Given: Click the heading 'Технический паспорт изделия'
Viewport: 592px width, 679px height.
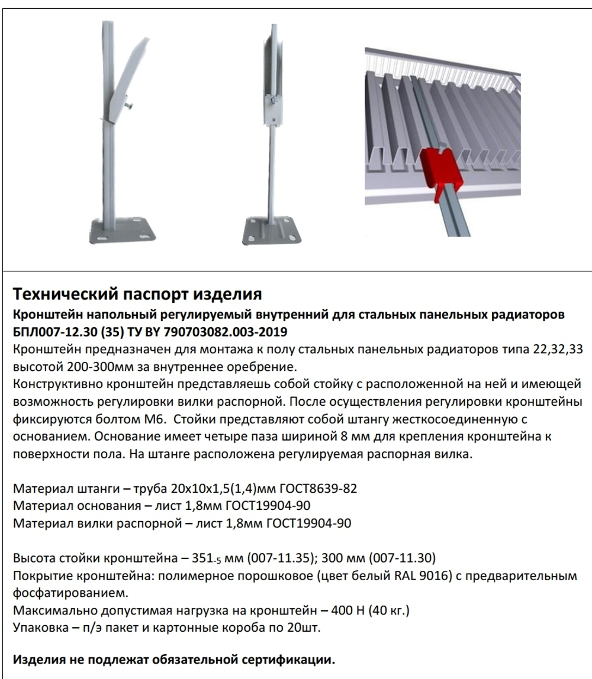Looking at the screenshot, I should [x=137, y=293].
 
